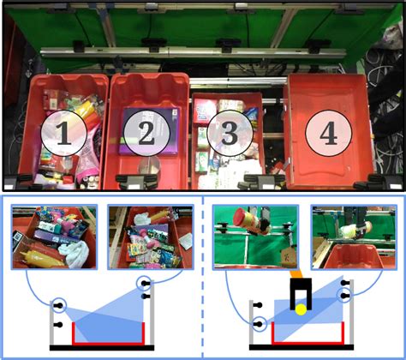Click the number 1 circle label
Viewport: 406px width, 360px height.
click(x=63, y=133)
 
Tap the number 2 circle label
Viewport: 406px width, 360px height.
click(x=145, y=133)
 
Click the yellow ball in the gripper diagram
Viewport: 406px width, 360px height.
click(x=301, y=309)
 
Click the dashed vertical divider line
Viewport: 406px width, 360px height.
click(x=202, y=274)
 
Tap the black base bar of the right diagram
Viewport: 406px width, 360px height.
click(x=302, y=347)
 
